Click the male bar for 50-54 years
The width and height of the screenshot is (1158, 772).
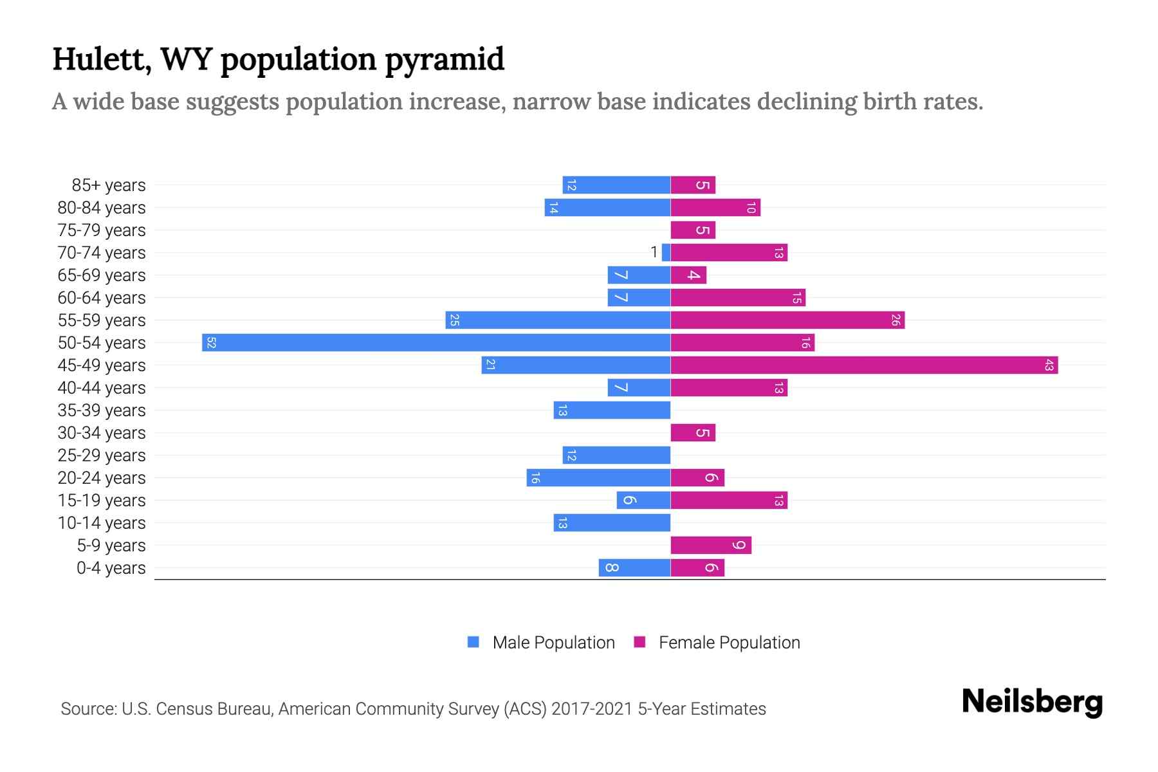[x=436, y=342]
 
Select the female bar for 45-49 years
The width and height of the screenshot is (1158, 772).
[x=864, y=365]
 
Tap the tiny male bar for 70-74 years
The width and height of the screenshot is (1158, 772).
[x=666, y=253]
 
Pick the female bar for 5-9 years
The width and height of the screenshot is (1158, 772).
[x=711, y=546]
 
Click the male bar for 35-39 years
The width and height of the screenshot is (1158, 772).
[x=612, y=410]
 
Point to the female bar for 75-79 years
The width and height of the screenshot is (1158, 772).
[x=693, y=230]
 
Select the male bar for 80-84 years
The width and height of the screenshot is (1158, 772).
[x=607, y=208]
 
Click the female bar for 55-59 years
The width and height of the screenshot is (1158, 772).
[x=787, y=320]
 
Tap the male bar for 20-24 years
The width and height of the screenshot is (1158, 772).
[x=598, y=478]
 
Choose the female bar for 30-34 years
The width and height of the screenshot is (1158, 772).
[x=693, y=433]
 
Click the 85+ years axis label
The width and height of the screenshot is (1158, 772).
[x=109, y=185]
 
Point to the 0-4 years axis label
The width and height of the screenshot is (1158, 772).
[x=111, y=568]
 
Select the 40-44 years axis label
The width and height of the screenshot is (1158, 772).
[x=102, y=388]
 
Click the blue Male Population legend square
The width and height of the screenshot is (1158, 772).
[x=473, y=642]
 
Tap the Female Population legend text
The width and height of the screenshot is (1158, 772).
[x=729, y=643]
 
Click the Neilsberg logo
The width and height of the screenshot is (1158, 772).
[x=1032, y=702]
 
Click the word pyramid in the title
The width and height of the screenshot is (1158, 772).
[x=445, y=60]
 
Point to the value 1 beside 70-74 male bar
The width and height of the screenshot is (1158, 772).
[x=654, y=252]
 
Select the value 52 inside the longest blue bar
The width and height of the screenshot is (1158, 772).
[x=211, y=342]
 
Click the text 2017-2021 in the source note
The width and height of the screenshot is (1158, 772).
[x=592, y=709]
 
